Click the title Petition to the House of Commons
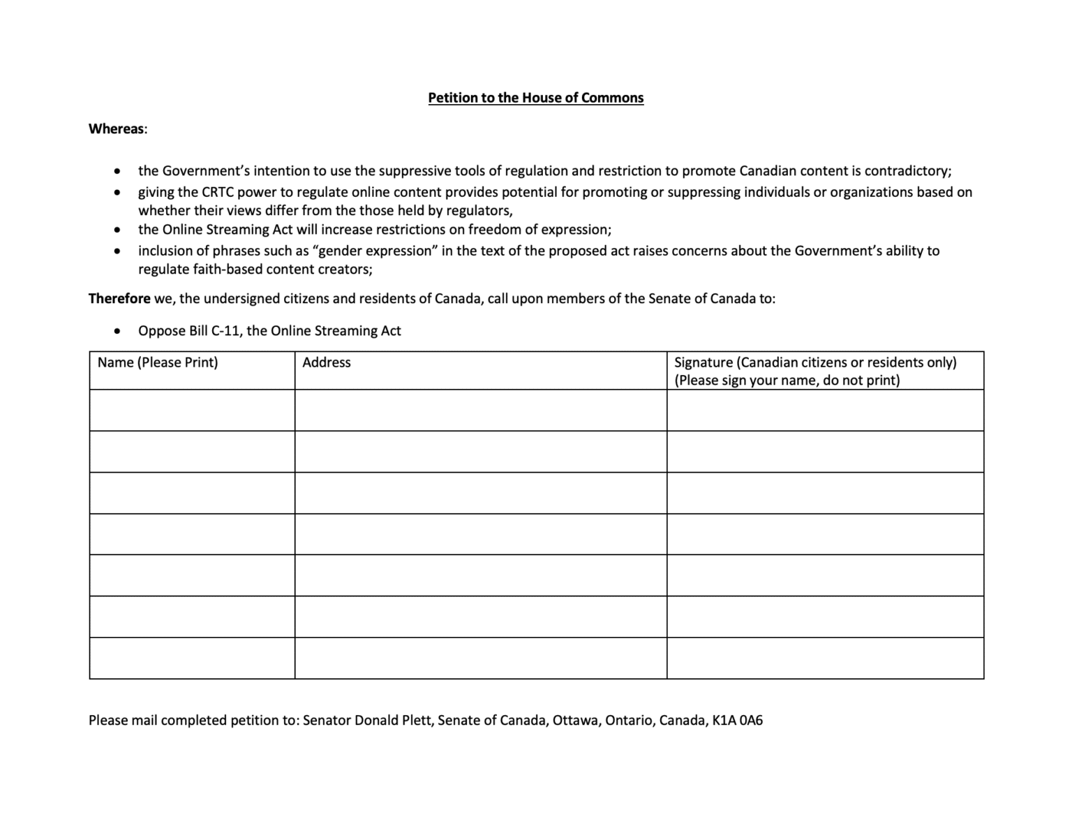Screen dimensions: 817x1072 535,98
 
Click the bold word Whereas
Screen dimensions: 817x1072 117,129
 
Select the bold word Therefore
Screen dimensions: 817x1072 119,299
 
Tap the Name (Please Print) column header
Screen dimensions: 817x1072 158,362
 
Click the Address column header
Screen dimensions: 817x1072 326,362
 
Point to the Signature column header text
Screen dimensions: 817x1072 814,371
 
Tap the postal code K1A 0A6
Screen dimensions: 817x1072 737,721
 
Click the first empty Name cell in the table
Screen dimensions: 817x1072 192,411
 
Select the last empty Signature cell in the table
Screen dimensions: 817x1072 825,658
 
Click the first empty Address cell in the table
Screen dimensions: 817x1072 480,411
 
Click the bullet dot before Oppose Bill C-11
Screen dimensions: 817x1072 117,332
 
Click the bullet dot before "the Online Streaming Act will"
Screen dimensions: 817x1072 117,230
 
